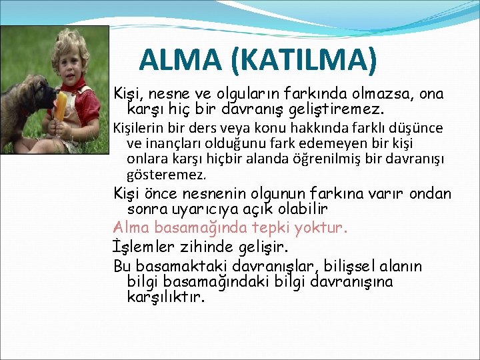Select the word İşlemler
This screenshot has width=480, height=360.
(144, 247)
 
